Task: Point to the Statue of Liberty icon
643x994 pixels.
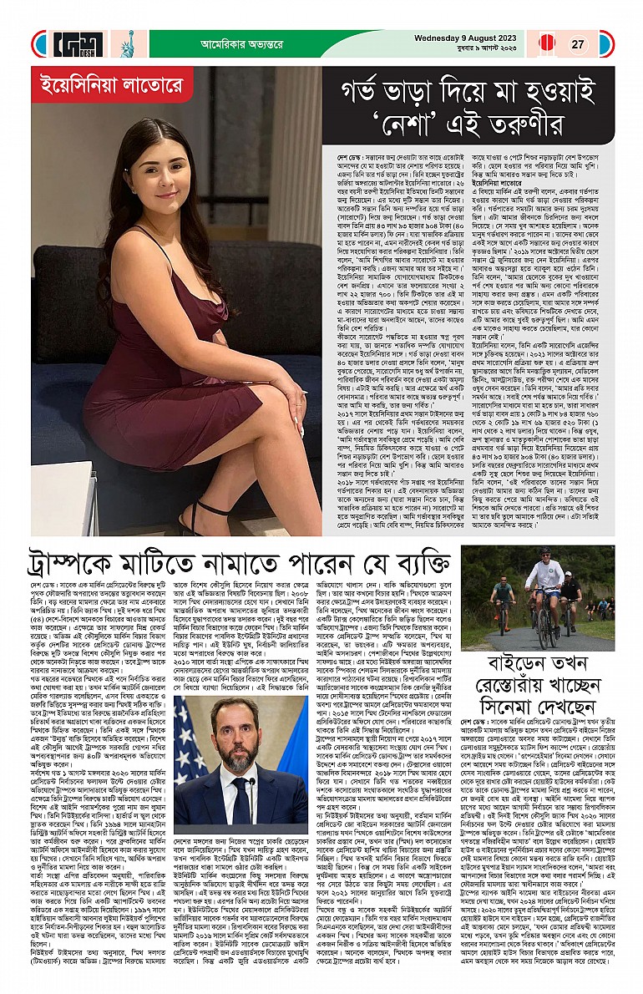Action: click(x=128, y=43)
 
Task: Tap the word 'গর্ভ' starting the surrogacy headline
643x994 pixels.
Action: click(x=361, y=90)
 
